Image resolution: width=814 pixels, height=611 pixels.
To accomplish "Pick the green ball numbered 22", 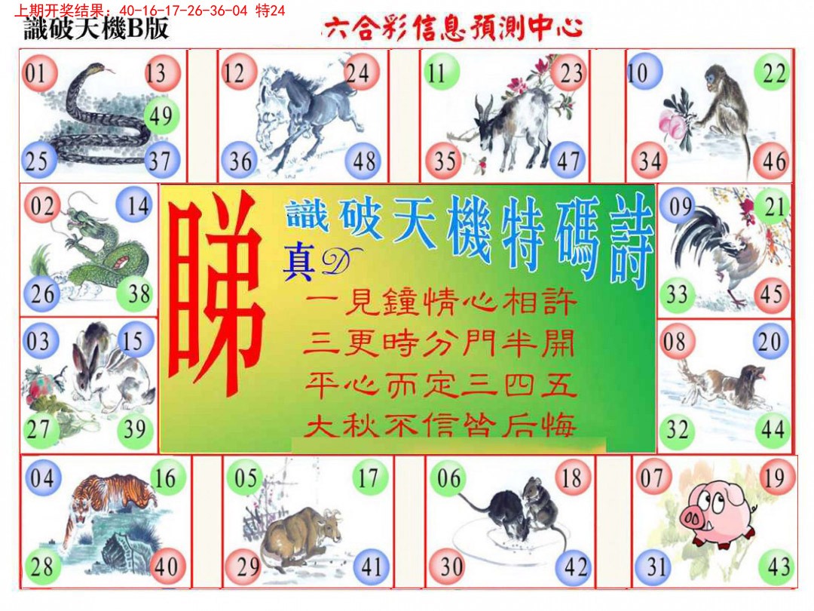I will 773,73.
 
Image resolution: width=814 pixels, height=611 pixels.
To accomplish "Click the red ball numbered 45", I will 770,294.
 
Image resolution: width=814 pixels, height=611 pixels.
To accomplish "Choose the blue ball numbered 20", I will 770,342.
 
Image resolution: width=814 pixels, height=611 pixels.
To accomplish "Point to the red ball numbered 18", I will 572,477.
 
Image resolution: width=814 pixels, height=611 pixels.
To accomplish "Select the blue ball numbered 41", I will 369,566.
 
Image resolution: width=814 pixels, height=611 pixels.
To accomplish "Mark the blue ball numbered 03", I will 38,342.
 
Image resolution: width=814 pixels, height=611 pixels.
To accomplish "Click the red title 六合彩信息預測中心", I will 452,29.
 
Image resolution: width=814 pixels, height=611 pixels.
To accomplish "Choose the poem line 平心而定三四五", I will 441,386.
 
